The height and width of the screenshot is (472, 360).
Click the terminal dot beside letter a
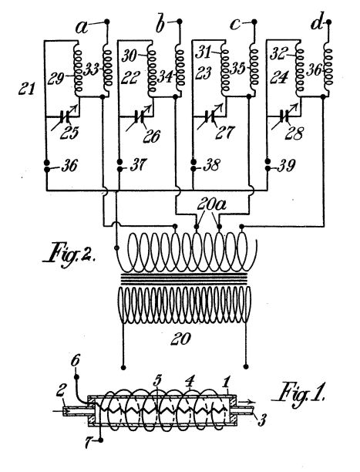(106, 22)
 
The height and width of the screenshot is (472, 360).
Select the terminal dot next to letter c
(254, 22)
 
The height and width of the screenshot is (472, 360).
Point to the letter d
(316, 23)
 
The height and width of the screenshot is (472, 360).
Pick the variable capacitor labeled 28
(284, 116)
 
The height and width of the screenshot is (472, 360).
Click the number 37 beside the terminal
(138, 165)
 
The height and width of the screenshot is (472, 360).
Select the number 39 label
(286, 165)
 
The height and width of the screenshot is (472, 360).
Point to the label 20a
(212, 204)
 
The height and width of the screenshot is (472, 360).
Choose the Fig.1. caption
(298, 393)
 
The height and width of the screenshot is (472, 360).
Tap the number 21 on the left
(26, 89)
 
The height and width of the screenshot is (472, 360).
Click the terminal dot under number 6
(77, 376)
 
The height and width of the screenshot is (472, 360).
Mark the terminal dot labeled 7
(101, 440)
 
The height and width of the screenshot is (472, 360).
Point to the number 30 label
(130, 56)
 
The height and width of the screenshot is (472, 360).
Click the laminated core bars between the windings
(184, 279)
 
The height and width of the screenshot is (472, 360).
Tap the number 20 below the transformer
(180, 339)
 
